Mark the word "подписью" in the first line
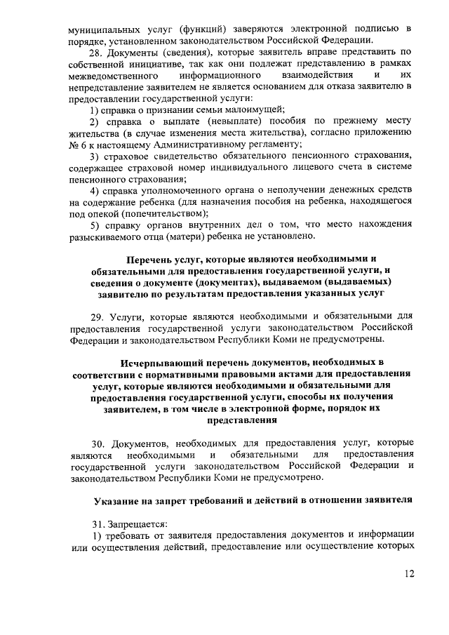click(x=378, y=29)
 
